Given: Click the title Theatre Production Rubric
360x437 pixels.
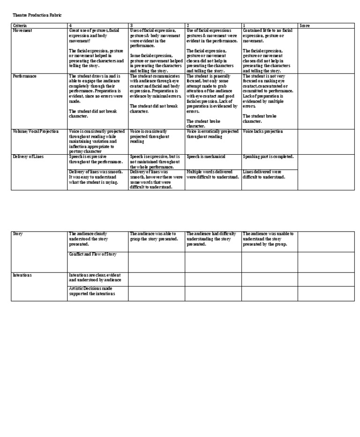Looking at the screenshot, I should tap(37, 15).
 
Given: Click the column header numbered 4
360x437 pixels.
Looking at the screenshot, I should tap(70, 25).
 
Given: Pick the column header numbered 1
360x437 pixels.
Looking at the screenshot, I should tap(244, 25).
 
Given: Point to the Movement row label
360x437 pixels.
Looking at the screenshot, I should tap(23, 30).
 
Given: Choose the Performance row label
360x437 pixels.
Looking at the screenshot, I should tap(25, 76).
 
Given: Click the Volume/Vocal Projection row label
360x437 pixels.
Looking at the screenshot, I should tap(36, 132).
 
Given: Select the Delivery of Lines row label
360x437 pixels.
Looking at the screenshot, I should tap(29, 157).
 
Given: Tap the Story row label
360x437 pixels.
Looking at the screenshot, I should tap(18, 234).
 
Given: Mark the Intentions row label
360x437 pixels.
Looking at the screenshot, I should tap(22, 275).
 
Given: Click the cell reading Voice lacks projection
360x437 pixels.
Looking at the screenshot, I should tap(263, 132).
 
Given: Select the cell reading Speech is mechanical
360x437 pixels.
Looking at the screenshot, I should tap(206, 157).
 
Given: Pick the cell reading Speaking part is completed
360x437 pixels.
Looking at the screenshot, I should tap(268, 157).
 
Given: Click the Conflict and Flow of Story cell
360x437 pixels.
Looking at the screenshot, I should tap(93, 254).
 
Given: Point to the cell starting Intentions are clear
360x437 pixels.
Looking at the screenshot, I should tap(95, 278).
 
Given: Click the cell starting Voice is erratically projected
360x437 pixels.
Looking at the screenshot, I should tap(213, 134).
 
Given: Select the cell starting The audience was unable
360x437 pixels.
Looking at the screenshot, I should tap(269, 239).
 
